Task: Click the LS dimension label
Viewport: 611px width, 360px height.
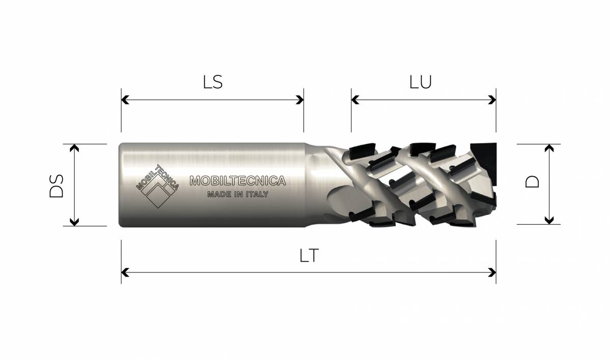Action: (213, 82)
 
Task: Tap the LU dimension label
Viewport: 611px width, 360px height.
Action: (421, 82)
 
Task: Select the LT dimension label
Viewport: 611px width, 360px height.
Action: (309, 256)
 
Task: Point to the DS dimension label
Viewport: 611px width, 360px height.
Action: (57, 186)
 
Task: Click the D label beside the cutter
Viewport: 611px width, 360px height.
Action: (532, 182)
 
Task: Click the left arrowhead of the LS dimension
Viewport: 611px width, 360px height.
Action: (125, 100)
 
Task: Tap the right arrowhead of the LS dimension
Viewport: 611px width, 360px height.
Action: (300, 100)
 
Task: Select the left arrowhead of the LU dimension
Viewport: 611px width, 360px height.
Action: (355, 100)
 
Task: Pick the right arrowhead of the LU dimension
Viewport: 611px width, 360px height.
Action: (492, 100)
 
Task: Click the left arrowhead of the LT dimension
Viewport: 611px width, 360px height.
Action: (125, 272)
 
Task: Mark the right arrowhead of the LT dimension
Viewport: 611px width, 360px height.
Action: (492, 272)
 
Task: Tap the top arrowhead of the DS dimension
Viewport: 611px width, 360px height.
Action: (74, 148)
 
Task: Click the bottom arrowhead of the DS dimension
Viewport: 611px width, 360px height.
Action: (74, 222)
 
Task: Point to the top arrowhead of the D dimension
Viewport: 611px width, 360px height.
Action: (549, 148)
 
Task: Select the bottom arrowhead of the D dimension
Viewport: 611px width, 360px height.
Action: (549, 220)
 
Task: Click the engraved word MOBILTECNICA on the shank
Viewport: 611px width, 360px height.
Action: (238, 181)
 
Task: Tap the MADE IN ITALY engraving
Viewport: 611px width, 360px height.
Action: (238, 194)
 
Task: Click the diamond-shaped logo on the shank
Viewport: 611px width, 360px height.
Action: (157, 186)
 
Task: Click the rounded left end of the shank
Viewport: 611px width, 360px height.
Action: (121, 185)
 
